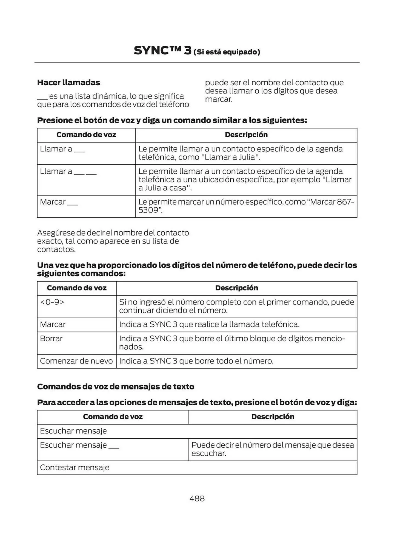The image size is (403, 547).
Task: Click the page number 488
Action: [197, 498]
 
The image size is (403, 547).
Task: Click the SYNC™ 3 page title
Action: [162, 51]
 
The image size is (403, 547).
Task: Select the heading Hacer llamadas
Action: [68, 82]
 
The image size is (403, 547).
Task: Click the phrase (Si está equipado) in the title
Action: [227, 52]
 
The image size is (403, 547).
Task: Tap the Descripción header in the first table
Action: [246, 135]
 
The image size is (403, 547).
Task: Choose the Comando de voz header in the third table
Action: [113, 417]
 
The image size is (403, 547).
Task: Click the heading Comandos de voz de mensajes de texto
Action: [116, 386]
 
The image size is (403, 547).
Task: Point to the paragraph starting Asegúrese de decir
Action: [113, 241]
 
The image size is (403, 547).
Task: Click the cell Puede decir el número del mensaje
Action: [272, 449]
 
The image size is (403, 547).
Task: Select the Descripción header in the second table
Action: [236, 288]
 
